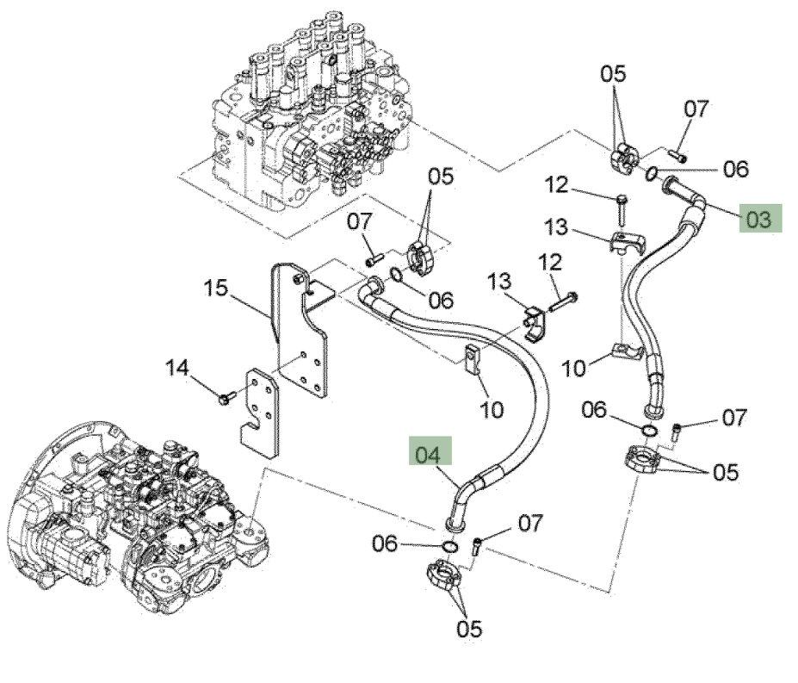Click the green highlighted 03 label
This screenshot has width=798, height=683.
click(760, 218)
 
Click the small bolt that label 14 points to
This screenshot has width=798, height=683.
click(226, 397)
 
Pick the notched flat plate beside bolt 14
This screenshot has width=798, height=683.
click(260, 413)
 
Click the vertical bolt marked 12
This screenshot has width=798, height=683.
click(622, 210)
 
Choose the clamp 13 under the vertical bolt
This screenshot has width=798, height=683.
click(627, 243)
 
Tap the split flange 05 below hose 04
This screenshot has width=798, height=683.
click(443, 575)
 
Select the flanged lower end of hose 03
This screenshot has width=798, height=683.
click(652, 408)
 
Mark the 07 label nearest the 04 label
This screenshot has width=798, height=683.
click(531, 522)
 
